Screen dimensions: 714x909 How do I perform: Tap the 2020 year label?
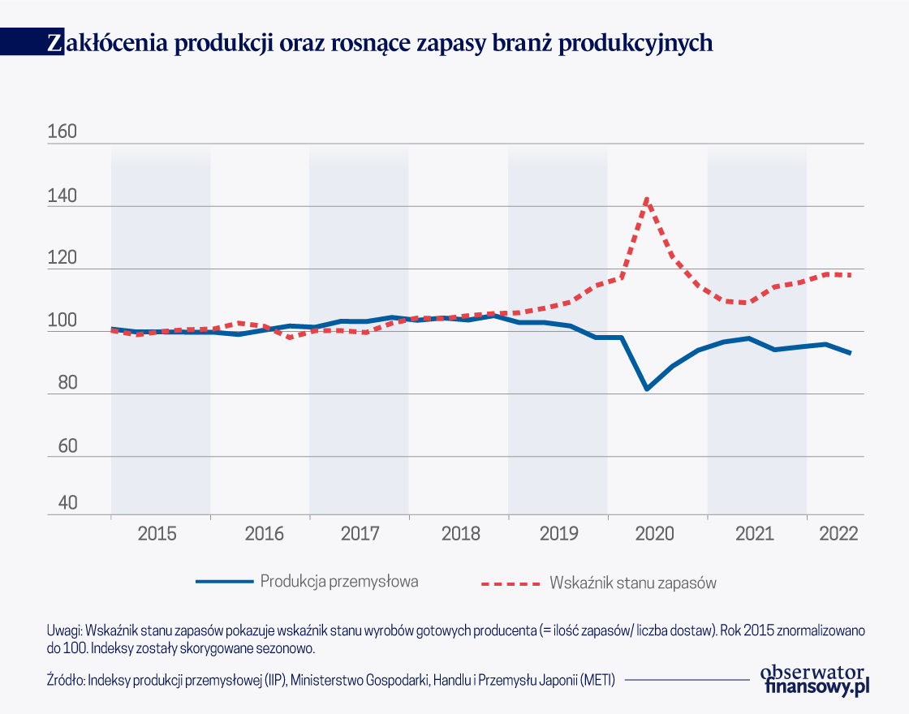[x=655, y=534]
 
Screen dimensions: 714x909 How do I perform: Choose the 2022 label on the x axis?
[x=838, y=534]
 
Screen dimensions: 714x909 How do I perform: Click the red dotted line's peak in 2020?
[x=647, y=198]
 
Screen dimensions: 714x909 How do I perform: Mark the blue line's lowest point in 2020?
[x=647, y=389]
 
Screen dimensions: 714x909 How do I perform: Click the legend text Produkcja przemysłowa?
[x=339, y=581]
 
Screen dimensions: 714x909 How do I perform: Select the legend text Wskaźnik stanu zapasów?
[x=633, y=582]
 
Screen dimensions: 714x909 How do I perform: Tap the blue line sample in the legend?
[x=224, y=581]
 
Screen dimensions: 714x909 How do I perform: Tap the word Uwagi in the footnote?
[x=65, y=630]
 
